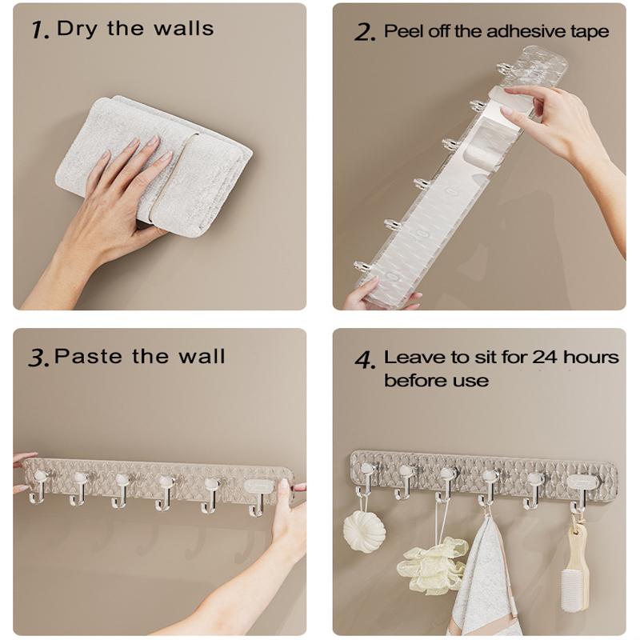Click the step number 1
point(39,30)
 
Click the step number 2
point(364,32)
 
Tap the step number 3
point(38,358)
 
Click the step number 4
point(365,359)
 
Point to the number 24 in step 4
point(545,357)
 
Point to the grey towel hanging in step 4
point(482,579)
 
